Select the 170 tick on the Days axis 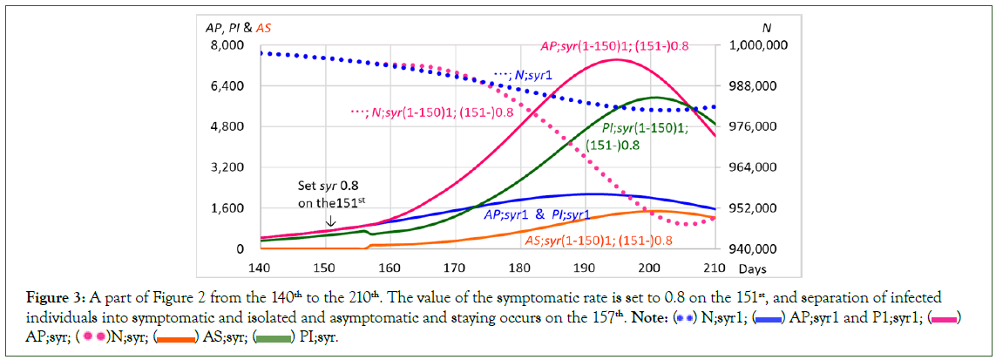click(x=454, y=265)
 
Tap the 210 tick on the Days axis click(x=715, y=265)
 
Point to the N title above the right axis click(x=768, y=28)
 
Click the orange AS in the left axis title click(x=262, y=28)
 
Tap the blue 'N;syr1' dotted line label click(x=524, y=75)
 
